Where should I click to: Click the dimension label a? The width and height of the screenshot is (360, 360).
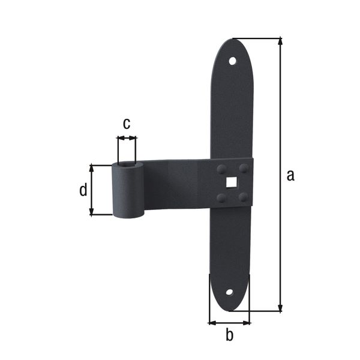click(290, 175)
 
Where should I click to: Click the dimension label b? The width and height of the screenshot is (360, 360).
click(229, 335)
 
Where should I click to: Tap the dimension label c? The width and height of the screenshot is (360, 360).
click(127, 124)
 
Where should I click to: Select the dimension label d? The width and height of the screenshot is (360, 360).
click(83, 190)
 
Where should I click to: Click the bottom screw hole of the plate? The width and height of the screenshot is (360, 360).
click(229, 293)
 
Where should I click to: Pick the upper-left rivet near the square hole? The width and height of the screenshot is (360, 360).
click(221, 169)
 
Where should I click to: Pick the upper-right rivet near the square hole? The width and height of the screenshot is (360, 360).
click(243, 168)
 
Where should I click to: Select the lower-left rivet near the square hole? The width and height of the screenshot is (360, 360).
click(221, 197)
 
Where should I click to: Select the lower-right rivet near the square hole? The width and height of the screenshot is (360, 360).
click(242, 196)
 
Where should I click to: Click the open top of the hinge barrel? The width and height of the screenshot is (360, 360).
click(127, 164)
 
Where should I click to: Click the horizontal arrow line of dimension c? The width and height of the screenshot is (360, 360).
click(127, 139)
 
